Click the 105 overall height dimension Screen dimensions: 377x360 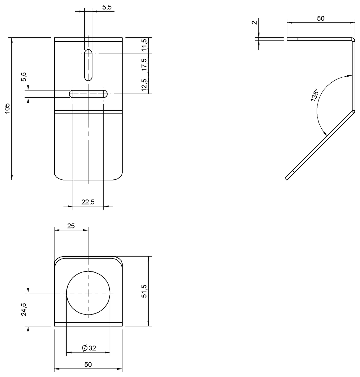coord(8,108)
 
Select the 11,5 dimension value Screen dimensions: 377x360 coord(144,45)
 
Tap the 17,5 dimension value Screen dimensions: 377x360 coord(144,65)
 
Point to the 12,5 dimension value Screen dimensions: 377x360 coord(144,85)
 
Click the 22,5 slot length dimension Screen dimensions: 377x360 coord(88,202)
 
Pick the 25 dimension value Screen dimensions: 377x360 coord(71,226)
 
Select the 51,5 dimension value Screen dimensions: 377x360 coord(144,291)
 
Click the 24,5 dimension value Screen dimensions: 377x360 coord(24,310)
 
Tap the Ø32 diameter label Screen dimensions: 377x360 coord(89,348)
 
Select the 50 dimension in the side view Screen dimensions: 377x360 coord(320,19)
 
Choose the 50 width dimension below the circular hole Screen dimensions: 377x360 coord(88,364)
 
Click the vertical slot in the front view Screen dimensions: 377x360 coord(88,65)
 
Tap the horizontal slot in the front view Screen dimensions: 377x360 coord(88,94)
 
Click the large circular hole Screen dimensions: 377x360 coord(88,293)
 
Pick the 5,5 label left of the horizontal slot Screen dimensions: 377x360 coord(24,76)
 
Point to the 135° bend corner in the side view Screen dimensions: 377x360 coord(353,111)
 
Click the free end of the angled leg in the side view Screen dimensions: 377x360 coord(287,178)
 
